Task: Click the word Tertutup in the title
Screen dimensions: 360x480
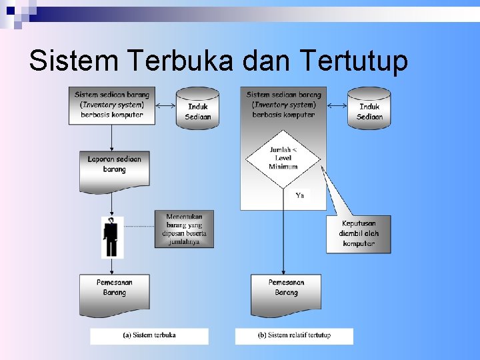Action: [354, 61]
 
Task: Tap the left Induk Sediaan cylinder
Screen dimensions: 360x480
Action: [198, 108]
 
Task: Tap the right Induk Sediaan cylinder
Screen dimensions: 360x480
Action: [369, 108]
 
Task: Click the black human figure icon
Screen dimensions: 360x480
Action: [112, 237]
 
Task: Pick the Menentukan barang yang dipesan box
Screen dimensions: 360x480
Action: [184, 229]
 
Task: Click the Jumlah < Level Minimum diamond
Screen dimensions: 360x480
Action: [283, 158]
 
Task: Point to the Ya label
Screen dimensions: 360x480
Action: [300, 195]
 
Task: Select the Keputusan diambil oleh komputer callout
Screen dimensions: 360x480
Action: [358, 233]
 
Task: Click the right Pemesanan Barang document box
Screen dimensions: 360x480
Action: [286, 291]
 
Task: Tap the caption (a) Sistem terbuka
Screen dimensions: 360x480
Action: [149, 335]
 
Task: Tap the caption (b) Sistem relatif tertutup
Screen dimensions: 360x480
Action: [294, 335]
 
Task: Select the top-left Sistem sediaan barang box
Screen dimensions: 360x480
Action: [112, 105]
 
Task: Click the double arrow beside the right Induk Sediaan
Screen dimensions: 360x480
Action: [337, 105]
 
